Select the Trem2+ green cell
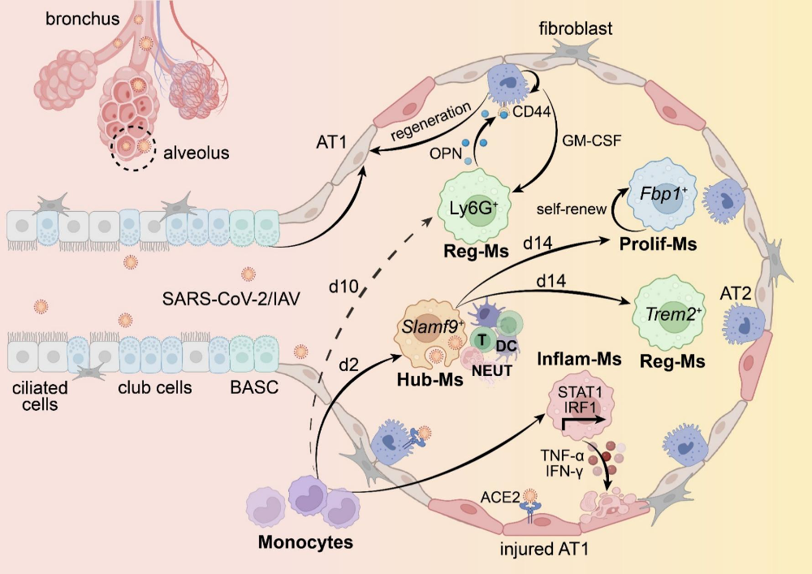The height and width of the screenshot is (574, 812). pyautogui.click(x=671, y=311)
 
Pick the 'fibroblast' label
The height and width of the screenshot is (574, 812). pyautogui.click(x=575, y=29)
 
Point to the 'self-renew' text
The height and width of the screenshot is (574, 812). pyautogui.click(x=572, y=209)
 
